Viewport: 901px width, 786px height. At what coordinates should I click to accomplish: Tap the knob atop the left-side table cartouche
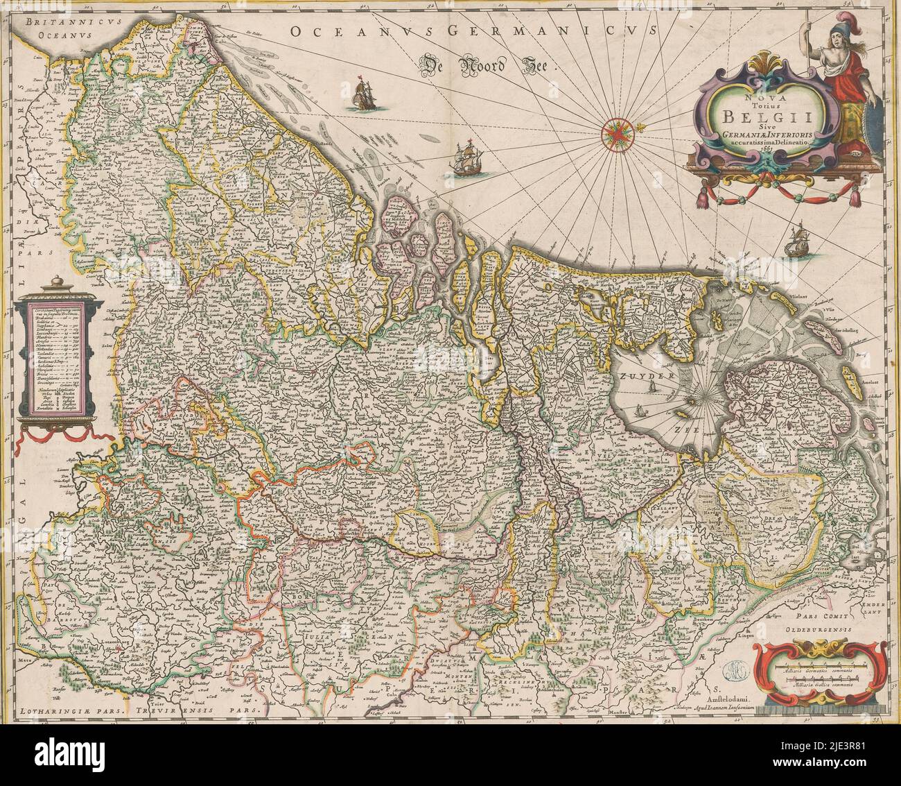click(x=51, y=282)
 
